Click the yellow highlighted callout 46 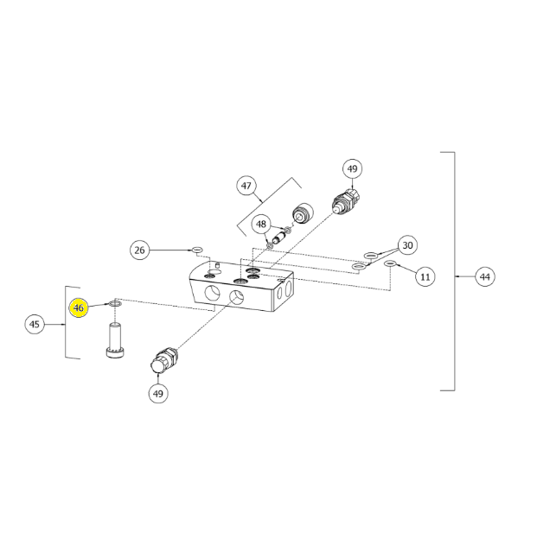[x=79, y=307]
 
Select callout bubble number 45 [x=35, y=324]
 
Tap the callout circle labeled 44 [x=485, y=276]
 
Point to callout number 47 [x=246, y=186]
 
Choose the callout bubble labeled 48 [x=261, y=225]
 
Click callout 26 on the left [x=139, y=250]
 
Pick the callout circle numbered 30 [x=407, y=245]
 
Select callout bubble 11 [x=425, y=276]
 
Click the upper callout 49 [x=352, y=168]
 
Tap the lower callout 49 [x=158, y=394]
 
